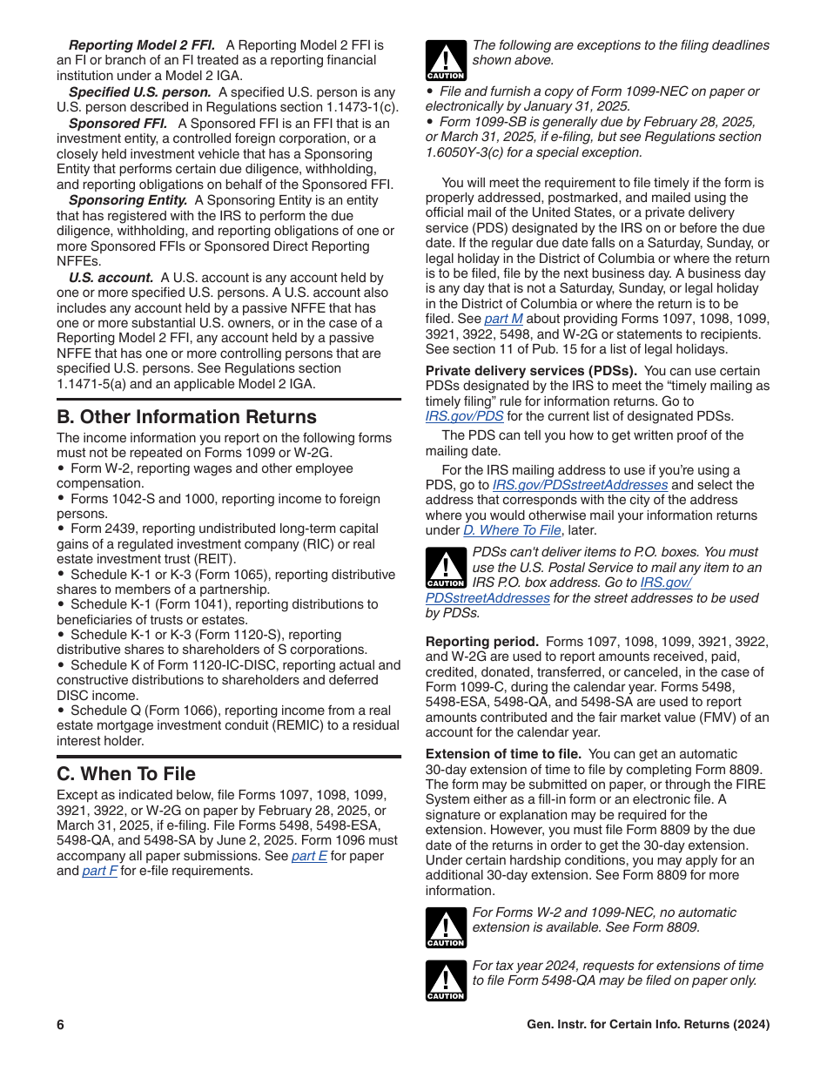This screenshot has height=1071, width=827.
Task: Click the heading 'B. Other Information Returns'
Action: click(x=186, y=417)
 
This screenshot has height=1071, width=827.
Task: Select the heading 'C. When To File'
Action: click(x=126, y=774)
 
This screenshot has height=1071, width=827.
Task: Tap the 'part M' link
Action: click(x=503, y=319)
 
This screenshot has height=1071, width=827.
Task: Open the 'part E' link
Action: click(x=309, y=856)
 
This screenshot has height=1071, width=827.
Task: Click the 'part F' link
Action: click(x=99, y=871)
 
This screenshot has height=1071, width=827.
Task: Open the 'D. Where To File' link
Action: click(x=512, y=530)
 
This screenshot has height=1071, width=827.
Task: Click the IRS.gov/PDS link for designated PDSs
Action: click(x=464, y=416)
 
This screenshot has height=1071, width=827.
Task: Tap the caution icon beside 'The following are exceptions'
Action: click(x=446, y=60)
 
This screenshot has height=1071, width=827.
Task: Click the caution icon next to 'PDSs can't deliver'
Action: click(x=446, y=568)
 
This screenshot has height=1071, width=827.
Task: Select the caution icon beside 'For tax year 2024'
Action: click(x=446, y=980)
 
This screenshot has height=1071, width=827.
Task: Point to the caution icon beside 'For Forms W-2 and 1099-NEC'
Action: click(x=446, y=927)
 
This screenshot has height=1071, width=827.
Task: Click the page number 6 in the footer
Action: click(x=61, y=1025)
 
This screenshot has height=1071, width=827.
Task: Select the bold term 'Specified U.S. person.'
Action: click(x=139, y=92)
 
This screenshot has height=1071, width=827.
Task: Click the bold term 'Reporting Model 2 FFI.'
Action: click(x=143, y=45)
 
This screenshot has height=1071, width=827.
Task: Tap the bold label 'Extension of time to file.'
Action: click(x=503, y=754)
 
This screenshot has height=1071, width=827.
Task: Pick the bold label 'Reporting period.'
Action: click(x=481, y=642)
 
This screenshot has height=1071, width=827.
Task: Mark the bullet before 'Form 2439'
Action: click(x=61, y=529)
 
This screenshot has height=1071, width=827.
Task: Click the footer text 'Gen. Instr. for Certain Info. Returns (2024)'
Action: click(x=648, y=1025)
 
